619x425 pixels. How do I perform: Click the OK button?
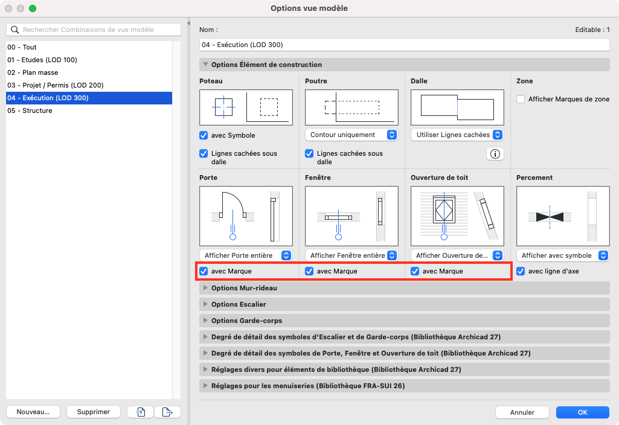pos(582,412)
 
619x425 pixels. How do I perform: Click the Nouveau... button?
pos(33,412)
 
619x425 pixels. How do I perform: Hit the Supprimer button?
pos(94,412)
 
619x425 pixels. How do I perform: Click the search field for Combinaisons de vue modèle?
pos(94,30)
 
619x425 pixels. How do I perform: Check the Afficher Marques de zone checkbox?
pos(521,99)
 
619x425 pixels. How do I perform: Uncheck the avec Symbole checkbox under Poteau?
pos(204,135)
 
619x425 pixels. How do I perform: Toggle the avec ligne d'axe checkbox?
pos(521,271)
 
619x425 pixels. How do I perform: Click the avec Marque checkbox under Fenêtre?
pos(309,271)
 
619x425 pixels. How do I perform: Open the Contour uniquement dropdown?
pos(351,135)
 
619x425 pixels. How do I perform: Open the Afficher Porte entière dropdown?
pos(246,255)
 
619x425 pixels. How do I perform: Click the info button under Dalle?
pos(495,153)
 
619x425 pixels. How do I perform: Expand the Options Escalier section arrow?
pos(205,304)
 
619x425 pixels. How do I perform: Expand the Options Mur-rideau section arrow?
pos(205,288)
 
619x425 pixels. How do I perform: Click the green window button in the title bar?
pos(33,8)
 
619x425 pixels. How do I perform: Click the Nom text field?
pos(404,45)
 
